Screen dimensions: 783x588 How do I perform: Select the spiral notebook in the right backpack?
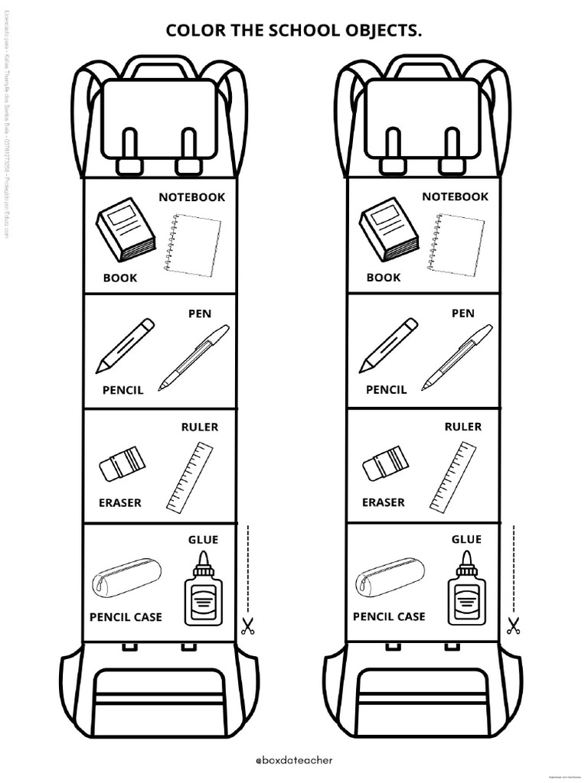[458, 243]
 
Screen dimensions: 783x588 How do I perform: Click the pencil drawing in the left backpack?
[125, 346]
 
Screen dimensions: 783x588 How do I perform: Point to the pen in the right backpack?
[458, 357]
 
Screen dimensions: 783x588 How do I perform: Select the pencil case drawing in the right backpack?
[390, 577]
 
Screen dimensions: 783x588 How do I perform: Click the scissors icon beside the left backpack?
[247, 627]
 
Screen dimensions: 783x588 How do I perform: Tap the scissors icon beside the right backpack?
[512, 626]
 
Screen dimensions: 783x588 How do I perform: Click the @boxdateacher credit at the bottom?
[293, 762]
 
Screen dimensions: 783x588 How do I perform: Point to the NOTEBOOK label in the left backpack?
[191, 197]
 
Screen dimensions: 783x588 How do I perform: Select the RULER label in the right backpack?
[462, 427]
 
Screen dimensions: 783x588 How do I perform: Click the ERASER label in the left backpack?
[119, 503]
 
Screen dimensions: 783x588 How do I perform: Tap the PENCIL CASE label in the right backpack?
[389, 616]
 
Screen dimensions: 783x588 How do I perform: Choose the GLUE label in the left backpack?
[203, 540]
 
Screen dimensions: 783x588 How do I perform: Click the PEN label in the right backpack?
[462, 314]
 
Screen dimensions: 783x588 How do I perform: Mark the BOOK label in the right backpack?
[383, 278]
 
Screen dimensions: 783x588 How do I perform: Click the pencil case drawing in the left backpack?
[126, 577]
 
